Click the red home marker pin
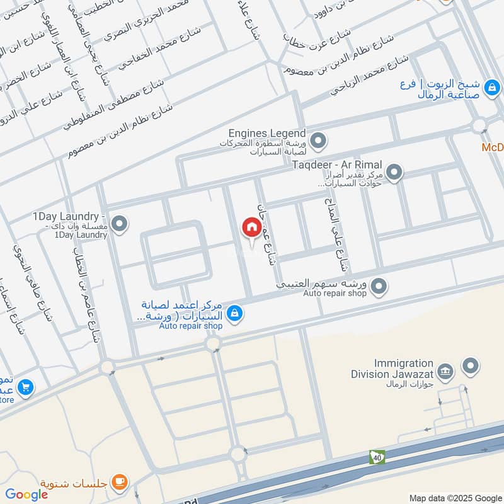(251, 228)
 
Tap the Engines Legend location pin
(319, 139)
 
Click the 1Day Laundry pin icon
(120, 222)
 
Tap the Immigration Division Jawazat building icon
(445, 371)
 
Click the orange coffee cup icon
(119, 483)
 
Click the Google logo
(26, 495)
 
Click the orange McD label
(493, 147)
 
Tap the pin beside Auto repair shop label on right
(379, 287)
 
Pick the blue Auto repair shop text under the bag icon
(190, 326)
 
